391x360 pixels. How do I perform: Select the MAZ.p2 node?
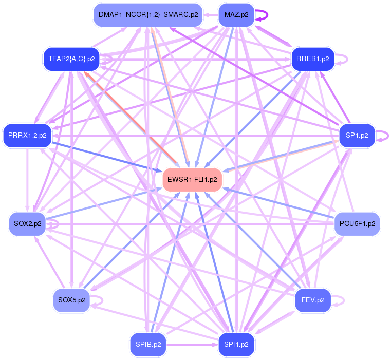pos(236,15)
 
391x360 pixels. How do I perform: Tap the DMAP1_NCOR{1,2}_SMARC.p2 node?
pos(148,15)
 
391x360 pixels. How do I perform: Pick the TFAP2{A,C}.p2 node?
pos(71,59)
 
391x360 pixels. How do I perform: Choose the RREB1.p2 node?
pos(312,59)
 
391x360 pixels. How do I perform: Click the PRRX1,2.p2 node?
pos(27,136)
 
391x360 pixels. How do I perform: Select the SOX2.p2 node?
pos(28,224)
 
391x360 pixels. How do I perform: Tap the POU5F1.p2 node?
pos(357,224)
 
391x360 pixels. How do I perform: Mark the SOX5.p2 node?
pos(71,300)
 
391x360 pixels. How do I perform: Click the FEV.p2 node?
pos(312,300)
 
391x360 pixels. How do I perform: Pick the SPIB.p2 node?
pos(148,344)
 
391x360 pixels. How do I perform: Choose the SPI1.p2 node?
pos(236,344)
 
